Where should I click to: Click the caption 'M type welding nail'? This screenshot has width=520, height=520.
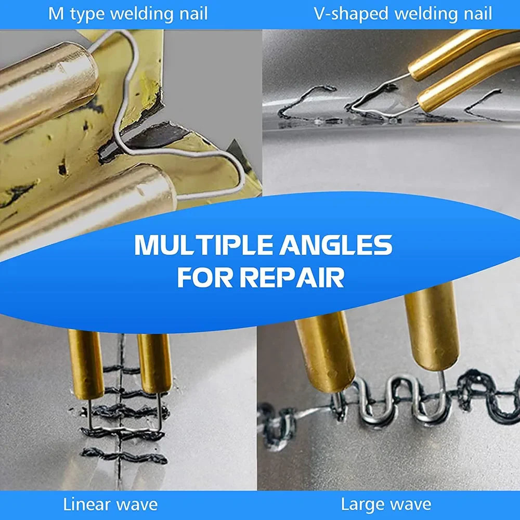[x=128, y=14]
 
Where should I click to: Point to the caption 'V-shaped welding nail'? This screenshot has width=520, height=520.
[x=403, y=14]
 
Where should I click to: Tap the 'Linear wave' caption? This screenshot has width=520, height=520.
[x=110, y=504]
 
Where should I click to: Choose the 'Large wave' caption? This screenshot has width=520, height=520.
[x=386, y=504]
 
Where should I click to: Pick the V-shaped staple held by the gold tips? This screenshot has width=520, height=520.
[x=372, y=101]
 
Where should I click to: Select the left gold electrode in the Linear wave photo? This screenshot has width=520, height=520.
[x=86, y=364]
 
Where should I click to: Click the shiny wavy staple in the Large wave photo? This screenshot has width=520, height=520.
[x=395, y=400]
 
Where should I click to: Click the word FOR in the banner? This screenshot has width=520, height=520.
[x=206, y=278]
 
